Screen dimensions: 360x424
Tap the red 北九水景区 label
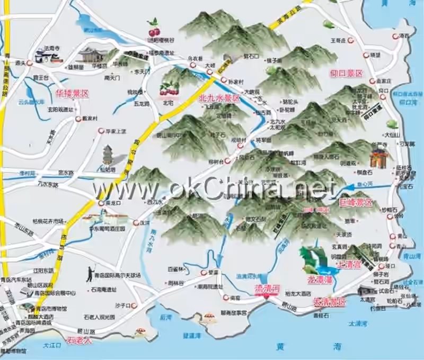click(x=219, y=98)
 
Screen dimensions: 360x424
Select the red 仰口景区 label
click(x=347, y=73)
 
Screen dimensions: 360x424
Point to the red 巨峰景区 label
click(x=356, y=203)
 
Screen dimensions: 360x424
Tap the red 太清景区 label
click(x=329, y=302)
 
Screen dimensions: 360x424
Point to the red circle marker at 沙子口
click(x=135, y=305)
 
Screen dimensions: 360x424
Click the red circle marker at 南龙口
click(x=101, y=203)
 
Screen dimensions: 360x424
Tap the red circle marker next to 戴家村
click(x=78, y=119)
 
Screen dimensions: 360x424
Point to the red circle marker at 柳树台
click(x=227, y=160)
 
